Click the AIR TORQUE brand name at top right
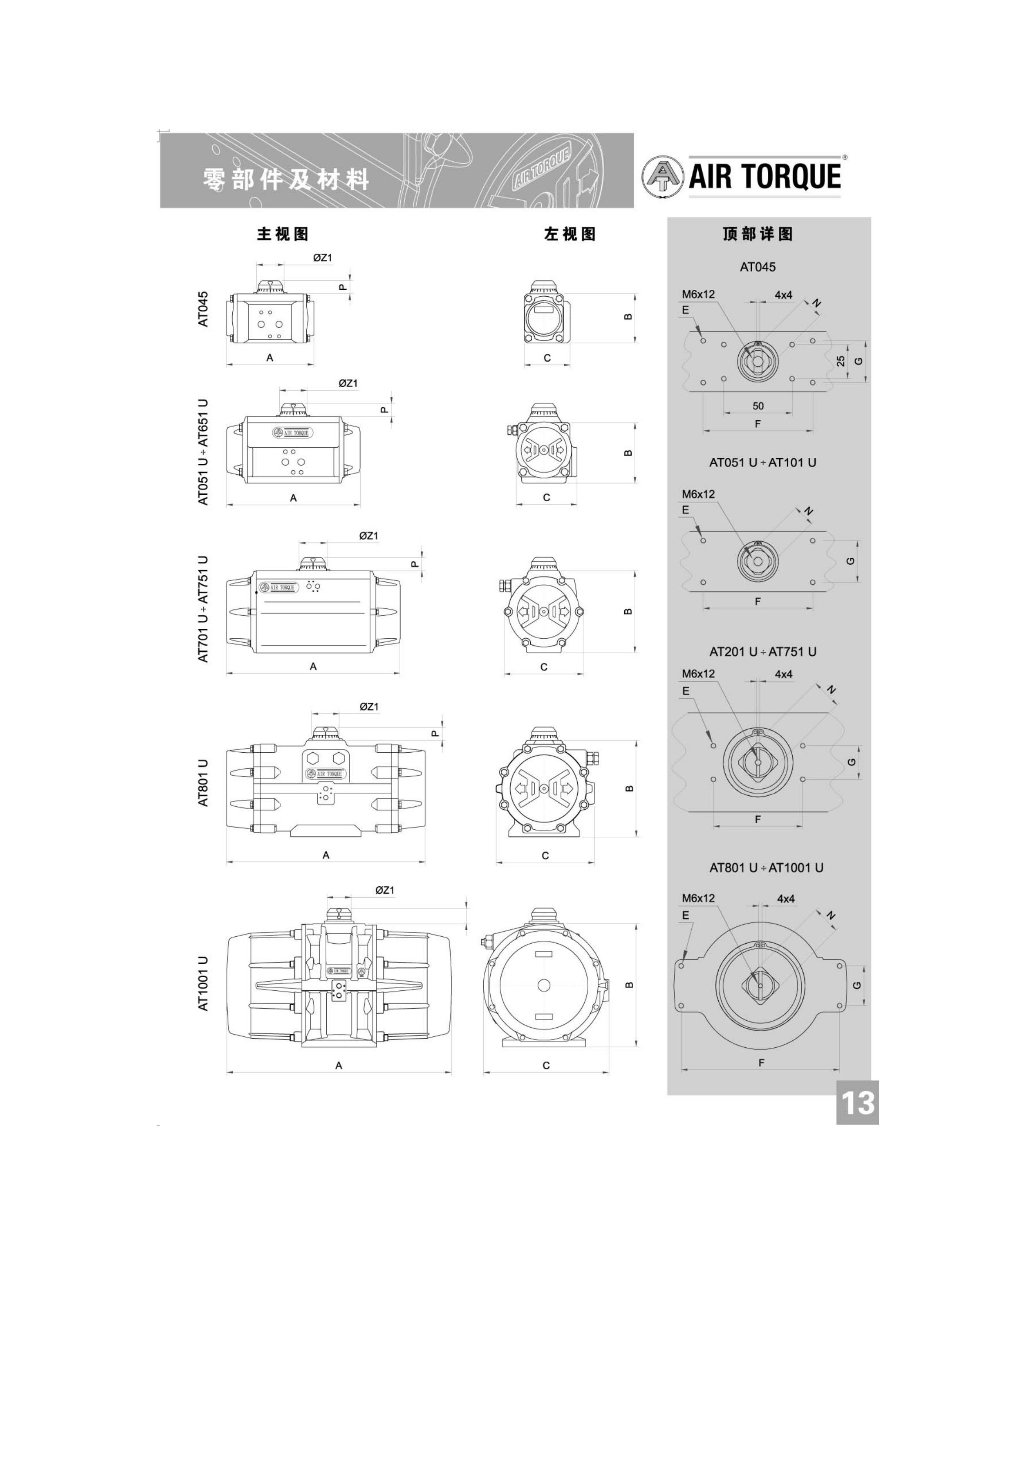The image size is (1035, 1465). (764, 177)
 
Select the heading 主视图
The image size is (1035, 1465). (283, 234)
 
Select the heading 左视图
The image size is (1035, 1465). (570, 234)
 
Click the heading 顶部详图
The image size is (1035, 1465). (758, 234)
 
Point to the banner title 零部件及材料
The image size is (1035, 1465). (286, 180)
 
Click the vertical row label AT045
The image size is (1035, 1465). (203, 309)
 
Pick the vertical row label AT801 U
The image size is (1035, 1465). (203, 783)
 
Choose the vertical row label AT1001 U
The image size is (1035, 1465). (203, 983)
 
